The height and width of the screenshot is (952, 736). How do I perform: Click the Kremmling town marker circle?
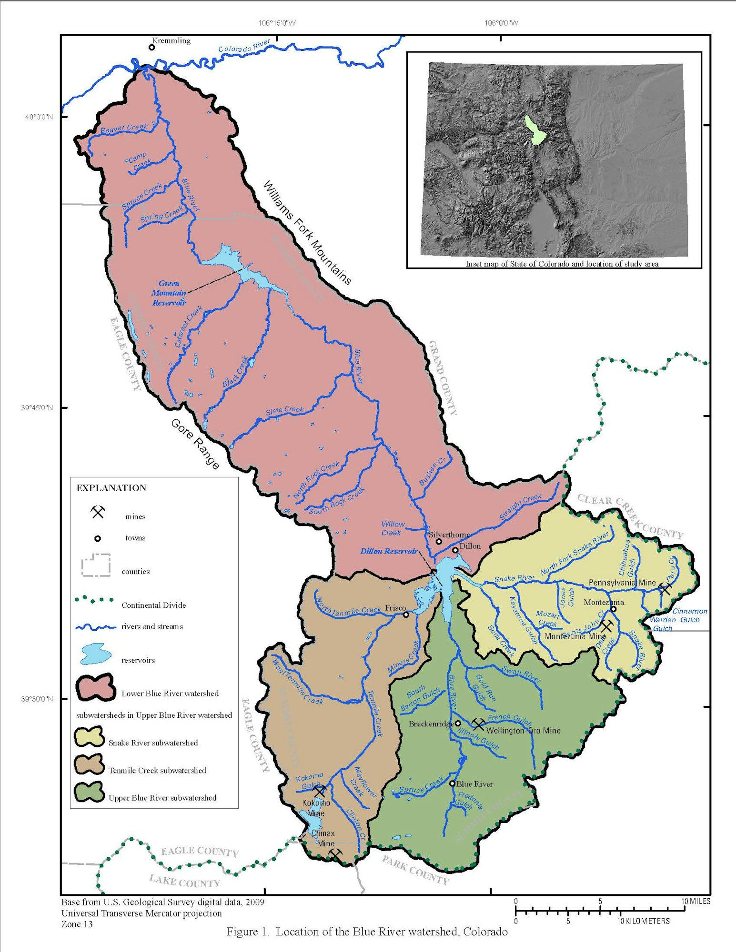151,47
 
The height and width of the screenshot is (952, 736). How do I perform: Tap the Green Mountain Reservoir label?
169,293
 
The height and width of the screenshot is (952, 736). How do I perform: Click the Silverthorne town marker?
439,542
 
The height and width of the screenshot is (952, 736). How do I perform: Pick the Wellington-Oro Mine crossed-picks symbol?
478,724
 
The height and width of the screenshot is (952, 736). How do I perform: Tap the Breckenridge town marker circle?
458,723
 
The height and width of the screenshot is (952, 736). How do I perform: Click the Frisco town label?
395,608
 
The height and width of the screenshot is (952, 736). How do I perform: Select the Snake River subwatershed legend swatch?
89,737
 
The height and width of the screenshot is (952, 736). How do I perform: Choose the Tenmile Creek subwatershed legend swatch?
89,764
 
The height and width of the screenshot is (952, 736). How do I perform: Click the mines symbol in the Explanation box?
98,512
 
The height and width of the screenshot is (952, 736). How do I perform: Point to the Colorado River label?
244,46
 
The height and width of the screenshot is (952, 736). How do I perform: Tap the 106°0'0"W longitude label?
501,23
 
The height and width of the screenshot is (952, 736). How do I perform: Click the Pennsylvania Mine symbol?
665,589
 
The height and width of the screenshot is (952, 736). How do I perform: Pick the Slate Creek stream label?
284,410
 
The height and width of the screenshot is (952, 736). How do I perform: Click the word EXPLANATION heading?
111,488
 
